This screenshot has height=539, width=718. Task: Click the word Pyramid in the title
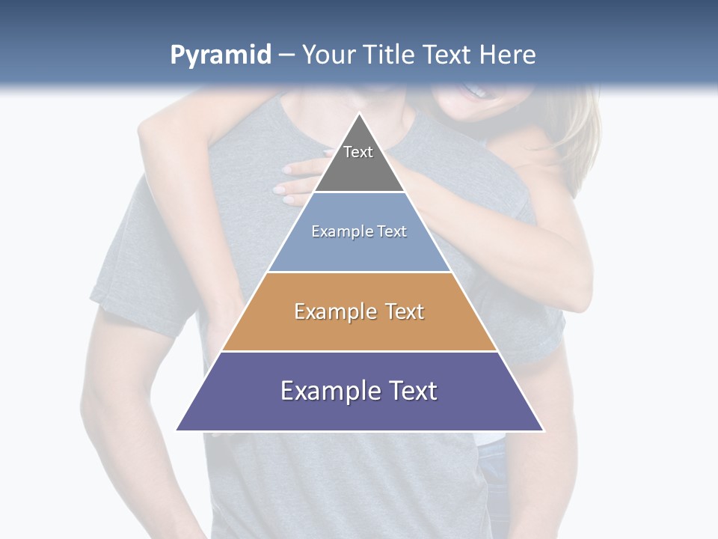pos(220,55)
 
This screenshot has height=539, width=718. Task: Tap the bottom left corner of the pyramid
pos(177,430)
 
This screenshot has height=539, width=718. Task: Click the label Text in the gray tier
pos(358,152)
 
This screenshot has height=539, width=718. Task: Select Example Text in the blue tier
pos(359,231)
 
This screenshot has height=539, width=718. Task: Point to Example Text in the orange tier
pos(359,311)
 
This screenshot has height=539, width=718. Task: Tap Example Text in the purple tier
pos(359,391)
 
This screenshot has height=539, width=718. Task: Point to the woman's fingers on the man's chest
pos(288,183)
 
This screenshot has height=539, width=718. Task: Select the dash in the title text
pos(286,55)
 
